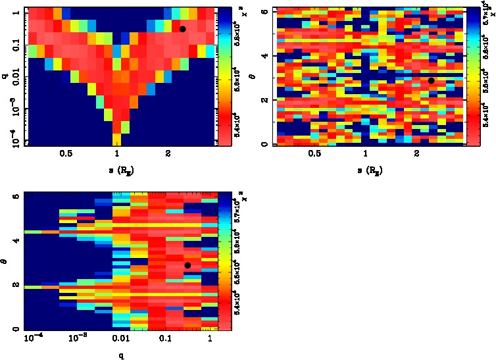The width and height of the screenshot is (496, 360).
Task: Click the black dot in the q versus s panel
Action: click(183, 29)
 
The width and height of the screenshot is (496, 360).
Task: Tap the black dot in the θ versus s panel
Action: click(431, 80)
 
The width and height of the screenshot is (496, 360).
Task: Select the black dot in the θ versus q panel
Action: click(187, 265)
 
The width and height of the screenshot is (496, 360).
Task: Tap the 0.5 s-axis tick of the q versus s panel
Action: click(66, 154)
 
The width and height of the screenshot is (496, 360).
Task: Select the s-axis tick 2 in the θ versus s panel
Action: click(418, 154)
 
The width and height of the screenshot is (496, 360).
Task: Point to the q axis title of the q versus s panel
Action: click(5, 76)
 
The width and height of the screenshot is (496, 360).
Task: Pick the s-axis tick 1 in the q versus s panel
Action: click(117, 154)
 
